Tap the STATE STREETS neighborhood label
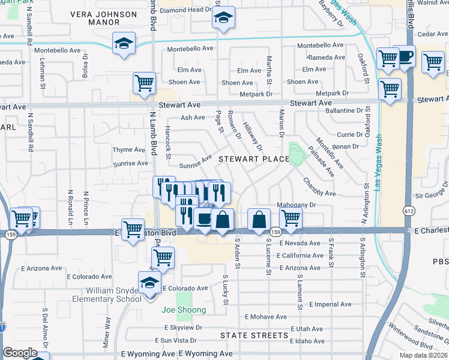click(254, 335)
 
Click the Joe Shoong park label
click(184, 310)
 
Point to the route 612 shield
click(409, 211)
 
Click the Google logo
click(20, 353)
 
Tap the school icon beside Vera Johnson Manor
click(124, 44)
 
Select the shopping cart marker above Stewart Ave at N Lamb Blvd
click(144, 83)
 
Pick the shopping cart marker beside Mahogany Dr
click(291, 219)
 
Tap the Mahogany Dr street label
click(296, 205)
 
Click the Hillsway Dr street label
click(253, 137)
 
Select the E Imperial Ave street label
click(330, 304)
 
